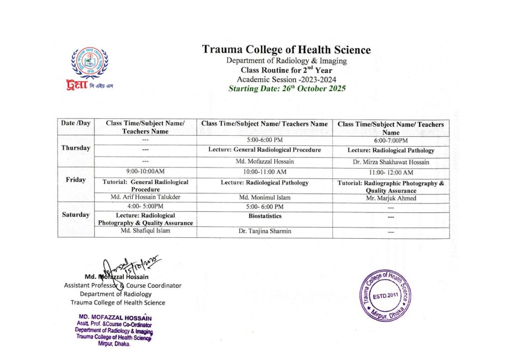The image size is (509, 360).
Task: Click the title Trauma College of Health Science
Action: pyautogui.click(x=286, y=50)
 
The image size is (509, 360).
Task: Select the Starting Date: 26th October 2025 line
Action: pyautogui.click(x=287, y=89)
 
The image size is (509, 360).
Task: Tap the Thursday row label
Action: pyautogui.click(x=76, y=148)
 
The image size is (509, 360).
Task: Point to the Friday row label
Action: pyautogui.click(x=76, y=180)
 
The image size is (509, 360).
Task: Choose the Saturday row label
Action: pyautogui.click(x=76, y=215)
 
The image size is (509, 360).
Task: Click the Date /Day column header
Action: pyautogui.click(x=76, y=123)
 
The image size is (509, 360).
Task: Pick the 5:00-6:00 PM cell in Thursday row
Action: pyautogui.click(x=264, y=141)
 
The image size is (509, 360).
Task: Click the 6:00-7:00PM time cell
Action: pyautogui.click(x=391, y=141)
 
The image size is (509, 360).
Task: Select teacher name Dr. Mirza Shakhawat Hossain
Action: pyautogui.click(x=391, y=162)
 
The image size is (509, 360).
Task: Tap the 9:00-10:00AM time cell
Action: pyautogui.click(x=145, y=172)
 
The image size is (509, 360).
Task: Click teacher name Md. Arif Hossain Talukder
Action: pyautogui.click(x=145, y=197)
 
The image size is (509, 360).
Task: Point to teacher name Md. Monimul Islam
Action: pyautogui.click(x=264, y=197)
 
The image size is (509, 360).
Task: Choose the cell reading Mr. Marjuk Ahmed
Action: pyautogui.click(x=391, y=198)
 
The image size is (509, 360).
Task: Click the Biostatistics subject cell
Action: pyautogui.click(x=264, y=216)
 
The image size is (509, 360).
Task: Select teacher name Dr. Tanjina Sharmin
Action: pyautogui.click(x=264, y=231)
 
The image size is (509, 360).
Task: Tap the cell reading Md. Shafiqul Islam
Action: pyautogui.click(x=145, y=231)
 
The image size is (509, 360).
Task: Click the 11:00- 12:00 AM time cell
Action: pyautogui.click(x=391, y=172)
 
